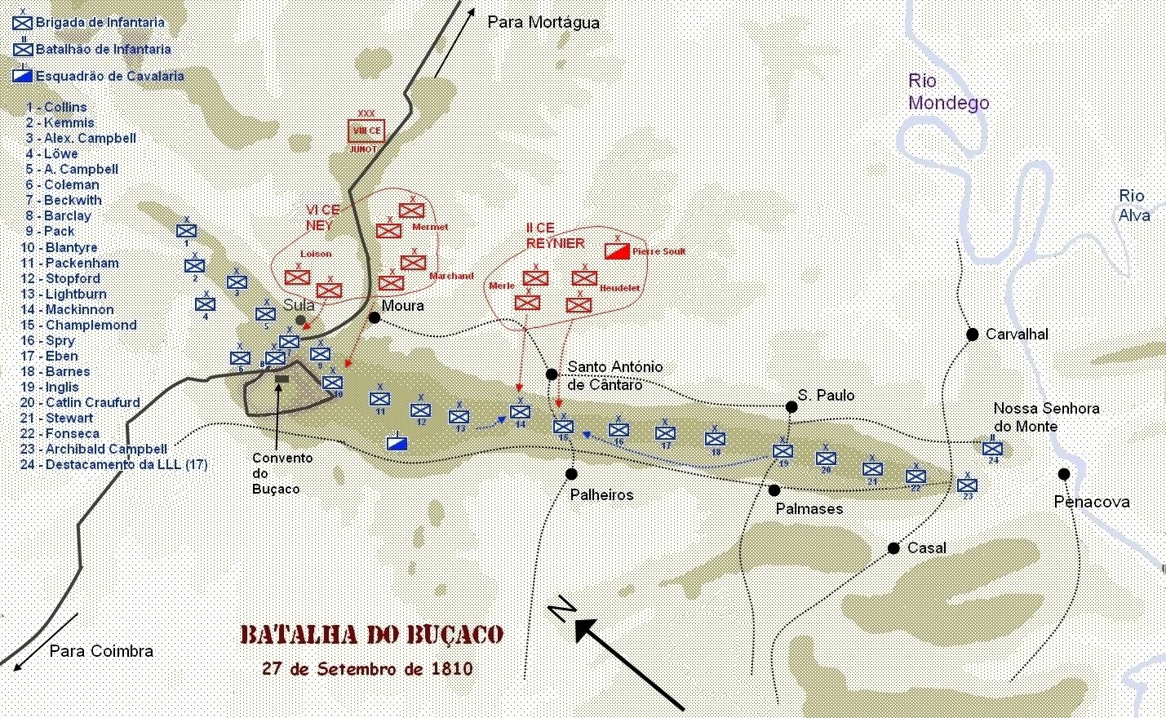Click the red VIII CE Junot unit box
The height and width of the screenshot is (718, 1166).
366,131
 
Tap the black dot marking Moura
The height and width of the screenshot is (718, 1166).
375,317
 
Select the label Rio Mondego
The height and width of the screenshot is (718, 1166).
948,92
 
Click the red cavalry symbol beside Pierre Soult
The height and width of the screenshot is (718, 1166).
617,250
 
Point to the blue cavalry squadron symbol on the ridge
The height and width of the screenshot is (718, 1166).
397,443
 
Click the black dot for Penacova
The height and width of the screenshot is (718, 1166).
1064,474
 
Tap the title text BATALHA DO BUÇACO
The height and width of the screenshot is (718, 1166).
372,635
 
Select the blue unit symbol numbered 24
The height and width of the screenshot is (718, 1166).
992,449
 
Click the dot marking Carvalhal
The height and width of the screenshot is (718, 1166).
973,334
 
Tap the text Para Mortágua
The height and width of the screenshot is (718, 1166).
543,22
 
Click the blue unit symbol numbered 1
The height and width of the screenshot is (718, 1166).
186,231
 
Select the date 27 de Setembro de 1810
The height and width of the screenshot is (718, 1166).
367,669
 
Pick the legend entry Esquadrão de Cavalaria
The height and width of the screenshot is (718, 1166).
109,76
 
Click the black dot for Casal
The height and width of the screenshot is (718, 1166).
893,548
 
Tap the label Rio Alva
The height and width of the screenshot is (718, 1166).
1134,206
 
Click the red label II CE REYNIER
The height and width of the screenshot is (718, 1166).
555,235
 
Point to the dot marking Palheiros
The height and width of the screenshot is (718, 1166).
571,474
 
